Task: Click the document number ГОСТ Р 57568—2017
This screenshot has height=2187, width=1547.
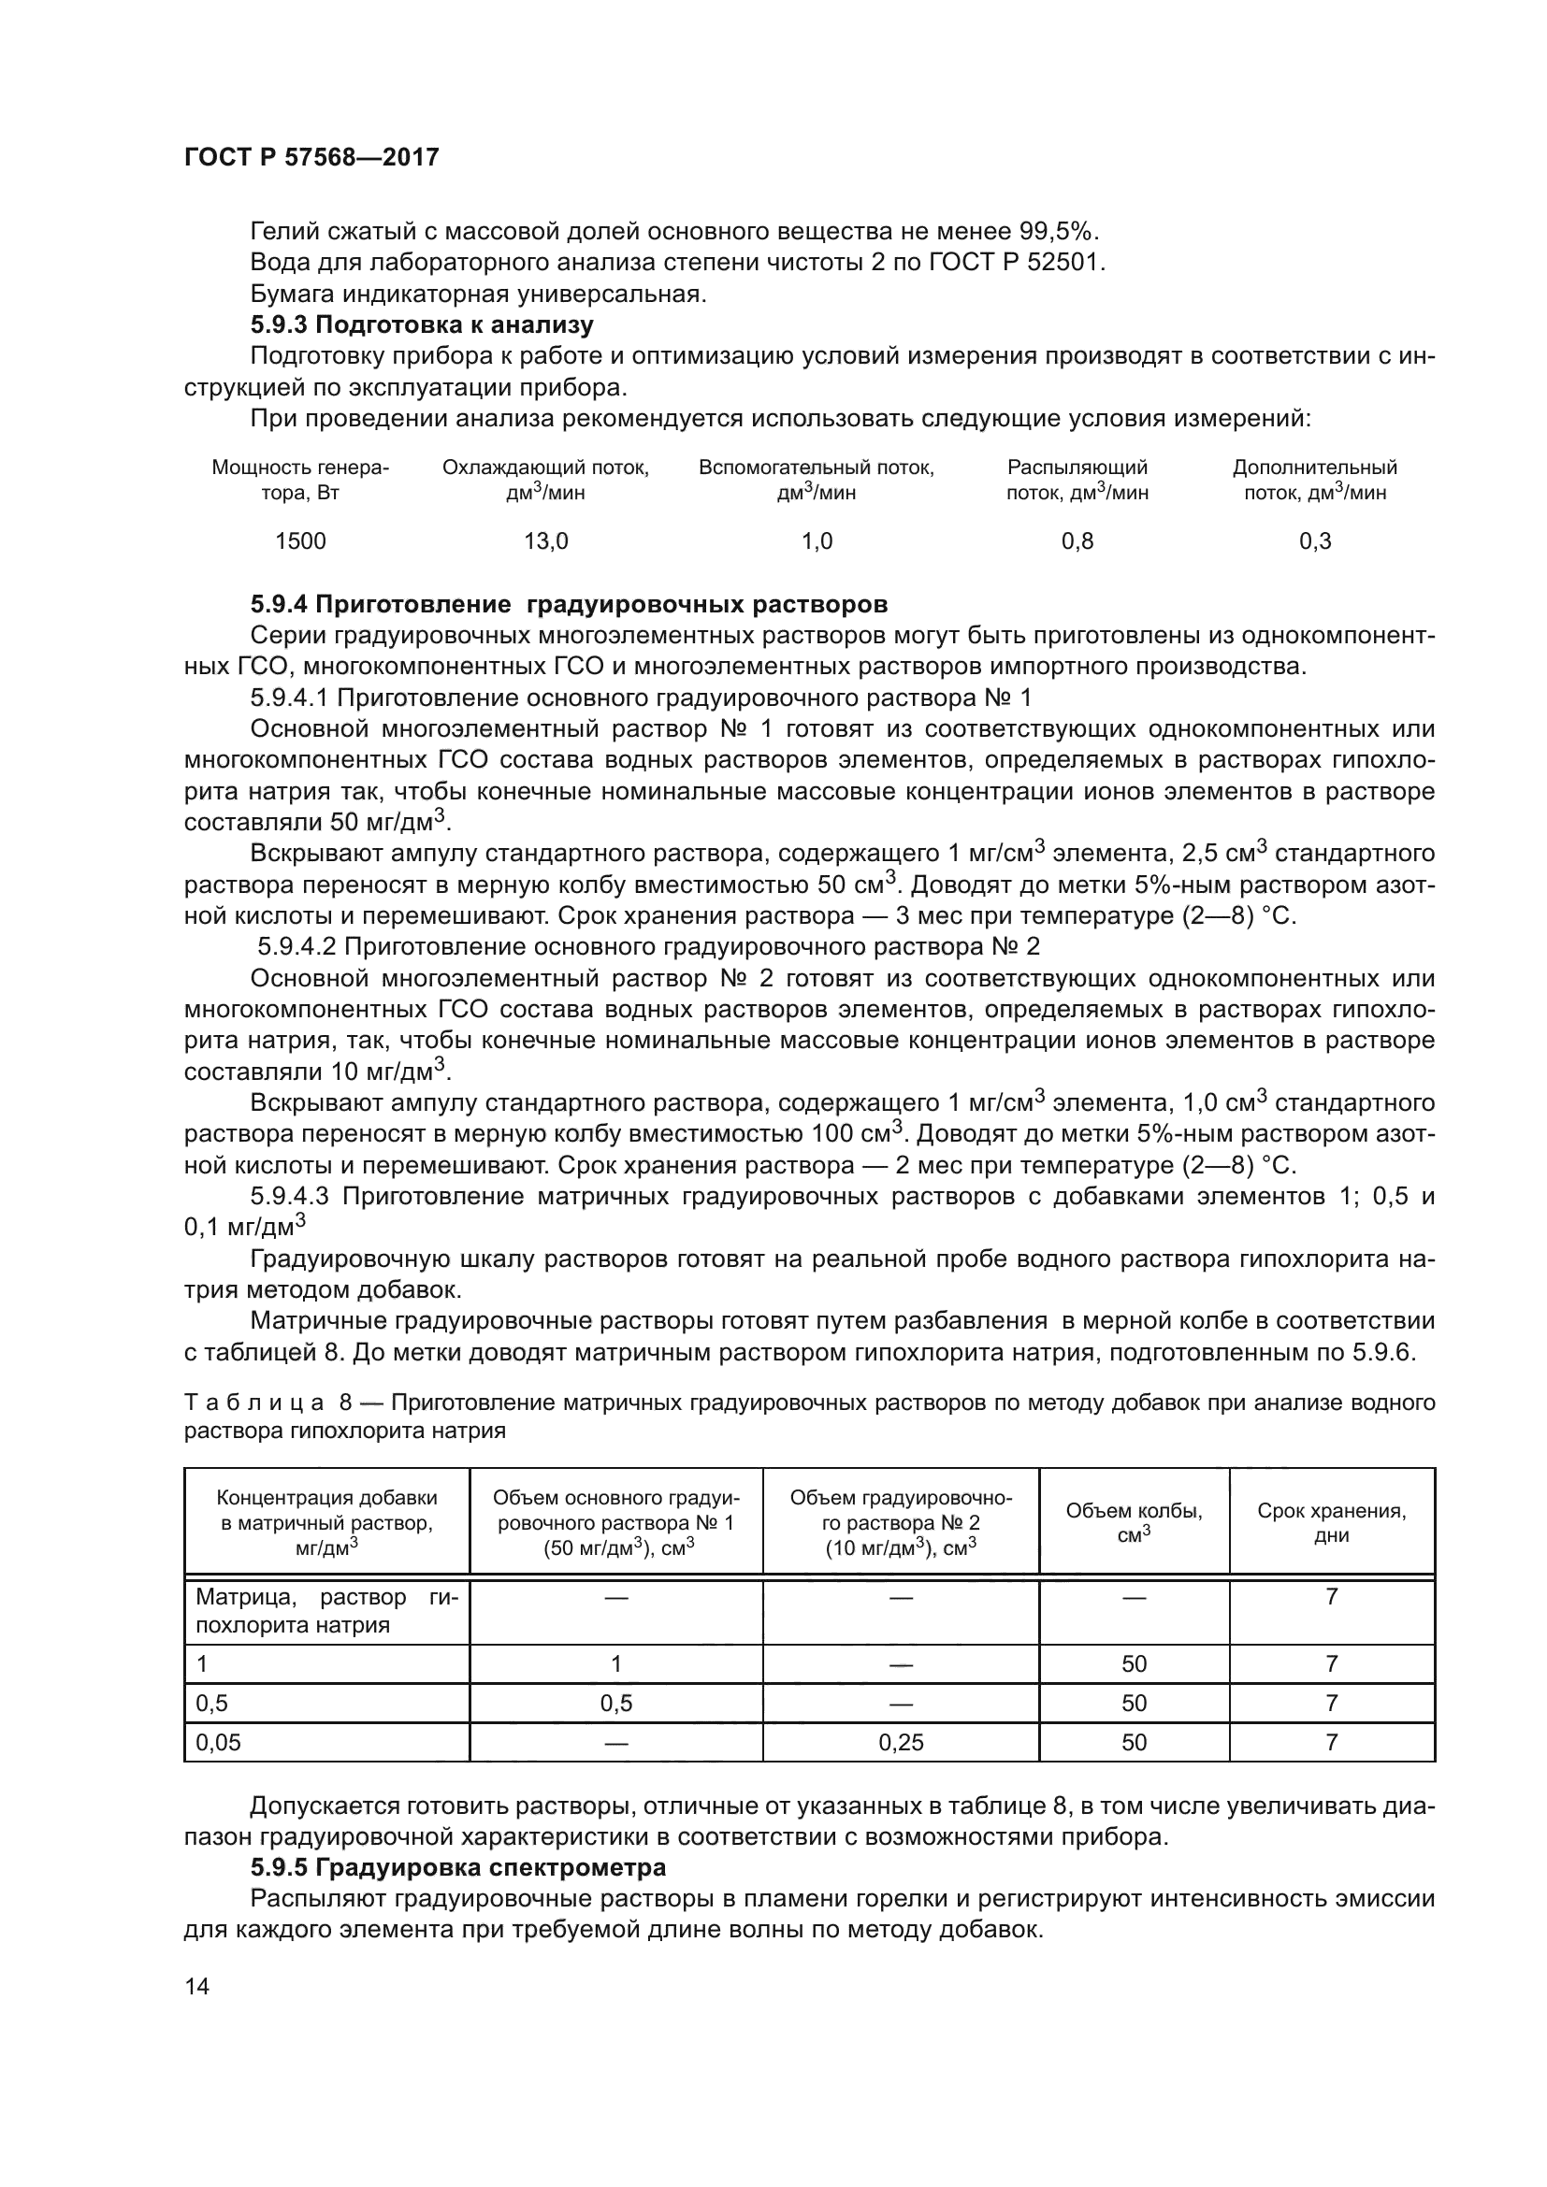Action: [x=311, y=157]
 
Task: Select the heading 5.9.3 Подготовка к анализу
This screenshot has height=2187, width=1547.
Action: [x=422, y=324]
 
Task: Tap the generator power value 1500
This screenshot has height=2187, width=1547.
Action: [x=300, y=541]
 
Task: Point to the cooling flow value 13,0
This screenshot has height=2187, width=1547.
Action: [x=546, y=541]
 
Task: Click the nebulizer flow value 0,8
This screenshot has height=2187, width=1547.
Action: [x=1077, y=541]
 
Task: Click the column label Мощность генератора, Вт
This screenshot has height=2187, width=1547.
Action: [x=300, y=480]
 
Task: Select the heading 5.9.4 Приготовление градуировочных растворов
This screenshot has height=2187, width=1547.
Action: [x=569, y=604]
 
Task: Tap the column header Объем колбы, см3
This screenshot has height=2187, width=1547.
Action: [x=1134, y=1522]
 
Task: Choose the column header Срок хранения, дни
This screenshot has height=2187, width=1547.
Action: [x=1331, y=1522]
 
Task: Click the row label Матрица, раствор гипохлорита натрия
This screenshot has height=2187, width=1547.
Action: [x=325, y=1611]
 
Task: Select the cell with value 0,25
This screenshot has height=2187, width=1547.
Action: [x=900, y=1742]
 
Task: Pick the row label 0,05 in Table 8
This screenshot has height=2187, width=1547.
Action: [x=218, y=1742]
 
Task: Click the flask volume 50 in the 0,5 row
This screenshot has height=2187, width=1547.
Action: [x=1134, y=1703]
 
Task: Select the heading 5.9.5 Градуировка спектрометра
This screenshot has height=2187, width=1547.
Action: [x=457, y=1866]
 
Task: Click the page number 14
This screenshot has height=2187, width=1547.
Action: [x=197, y=1986]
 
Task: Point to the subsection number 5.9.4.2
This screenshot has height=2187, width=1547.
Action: [x=297, y=947]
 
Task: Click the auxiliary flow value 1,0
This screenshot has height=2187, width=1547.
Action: [x=817, y=541]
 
